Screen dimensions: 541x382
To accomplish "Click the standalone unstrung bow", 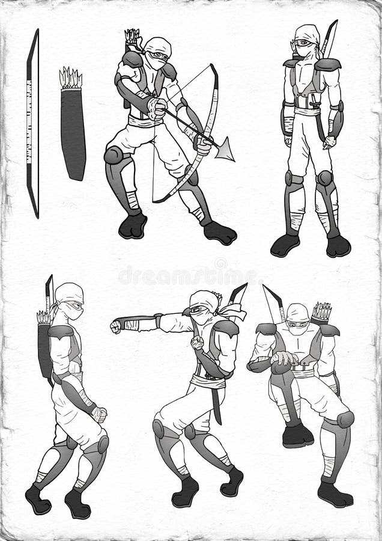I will [32, 123].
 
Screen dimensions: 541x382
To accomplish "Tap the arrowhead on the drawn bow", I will [225, 150].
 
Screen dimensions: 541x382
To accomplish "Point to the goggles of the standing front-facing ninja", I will [305, 43].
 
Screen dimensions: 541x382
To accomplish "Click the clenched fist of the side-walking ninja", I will [99, 415].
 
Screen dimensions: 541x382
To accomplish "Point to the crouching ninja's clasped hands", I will [283, 359].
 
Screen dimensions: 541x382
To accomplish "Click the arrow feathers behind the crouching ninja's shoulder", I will [322, 312].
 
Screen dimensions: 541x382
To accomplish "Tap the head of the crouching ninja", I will [297, 319].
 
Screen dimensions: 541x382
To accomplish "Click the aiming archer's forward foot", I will [220, 233].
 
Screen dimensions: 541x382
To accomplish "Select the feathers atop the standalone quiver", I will [71, 79].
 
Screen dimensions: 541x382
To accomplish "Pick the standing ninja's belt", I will [307, 111].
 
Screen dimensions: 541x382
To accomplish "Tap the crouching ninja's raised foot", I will [297, 435].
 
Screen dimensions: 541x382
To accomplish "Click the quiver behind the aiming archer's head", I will [132, 41].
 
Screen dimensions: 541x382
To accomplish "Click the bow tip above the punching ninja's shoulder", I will [238, 295].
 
